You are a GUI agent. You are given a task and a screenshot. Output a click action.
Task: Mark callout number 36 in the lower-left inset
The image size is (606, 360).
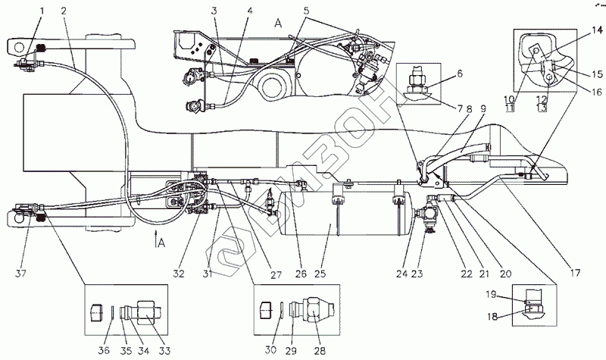(x=104, y=349)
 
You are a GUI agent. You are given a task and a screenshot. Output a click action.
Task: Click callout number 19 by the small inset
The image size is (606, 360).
(x=491, y=293)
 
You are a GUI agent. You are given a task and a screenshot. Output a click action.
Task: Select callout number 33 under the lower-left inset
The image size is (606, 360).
(x=164, y=349)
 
